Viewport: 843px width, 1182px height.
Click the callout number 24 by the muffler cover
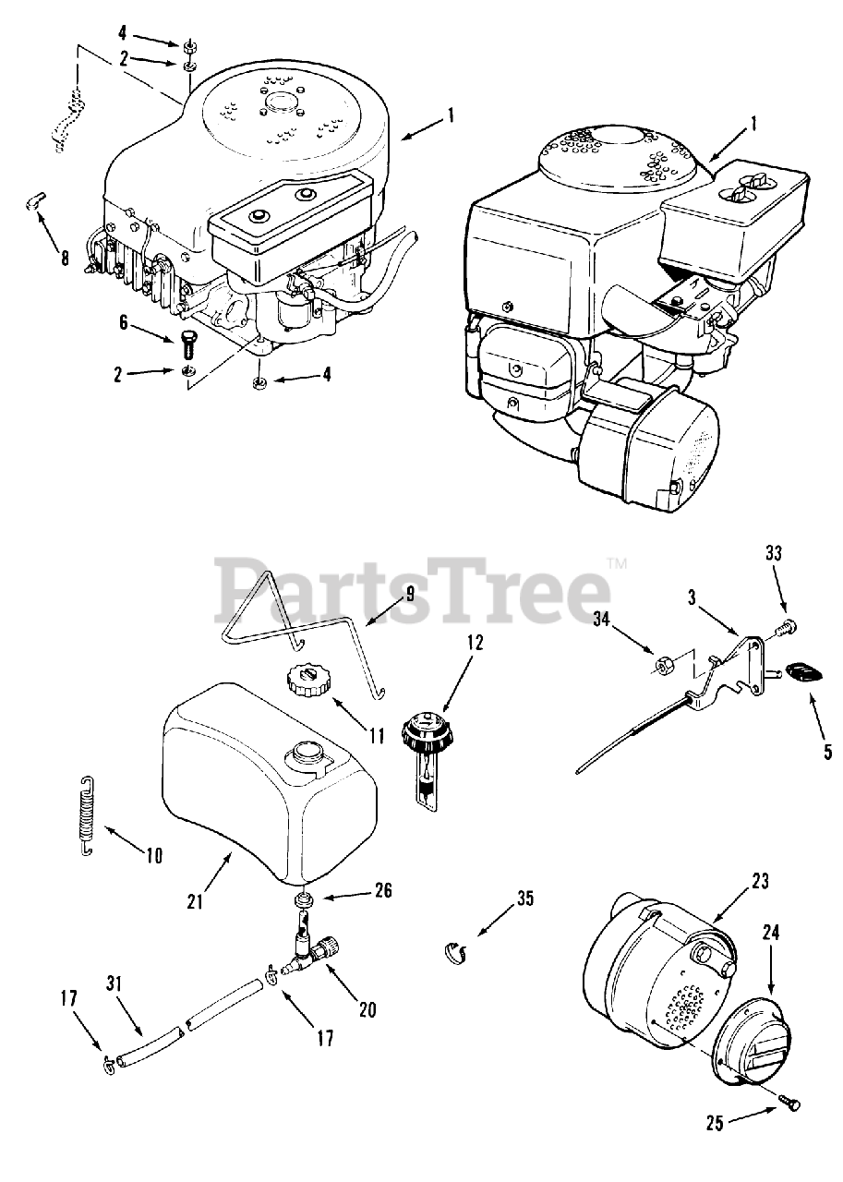[x=771, y=934]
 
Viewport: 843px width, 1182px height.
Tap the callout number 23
[x=759, y=881]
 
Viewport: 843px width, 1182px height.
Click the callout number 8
[x=65, y=258]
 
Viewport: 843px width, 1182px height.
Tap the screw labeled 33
[x=786, y=628]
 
